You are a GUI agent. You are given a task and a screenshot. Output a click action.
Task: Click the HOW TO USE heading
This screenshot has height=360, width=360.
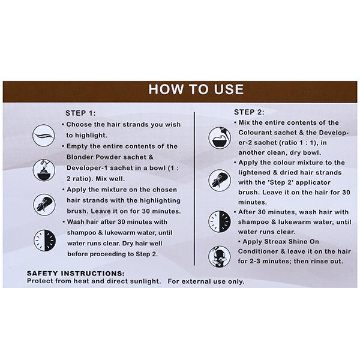196,89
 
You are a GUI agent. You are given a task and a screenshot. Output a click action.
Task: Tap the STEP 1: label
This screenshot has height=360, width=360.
80,113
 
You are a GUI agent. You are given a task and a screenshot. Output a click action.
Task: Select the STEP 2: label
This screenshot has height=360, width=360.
249,112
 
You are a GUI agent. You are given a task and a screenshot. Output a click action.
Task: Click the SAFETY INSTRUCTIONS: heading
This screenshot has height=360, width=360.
76,273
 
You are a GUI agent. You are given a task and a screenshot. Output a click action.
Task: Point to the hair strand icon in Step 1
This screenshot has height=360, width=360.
44,136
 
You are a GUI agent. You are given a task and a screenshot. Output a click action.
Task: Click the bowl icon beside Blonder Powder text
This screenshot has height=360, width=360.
44,170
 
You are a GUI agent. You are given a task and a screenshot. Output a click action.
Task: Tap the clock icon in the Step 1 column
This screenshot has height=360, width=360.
44,240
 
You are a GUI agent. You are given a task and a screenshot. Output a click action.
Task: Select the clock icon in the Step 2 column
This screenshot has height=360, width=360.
220,221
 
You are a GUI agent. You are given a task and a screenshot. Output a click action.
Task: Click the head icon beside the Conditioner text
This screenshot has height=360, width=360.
219,256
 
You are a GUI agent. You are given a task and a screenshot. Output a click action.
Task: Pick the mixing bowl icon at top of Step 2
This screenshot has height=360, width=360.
220,138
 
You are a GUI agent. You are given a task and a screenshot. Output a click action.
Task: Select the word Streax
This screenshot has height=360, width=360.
275,242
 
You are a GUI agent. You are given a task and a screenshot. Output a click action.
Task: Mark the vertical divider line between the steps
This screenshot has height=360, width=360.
194,189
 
